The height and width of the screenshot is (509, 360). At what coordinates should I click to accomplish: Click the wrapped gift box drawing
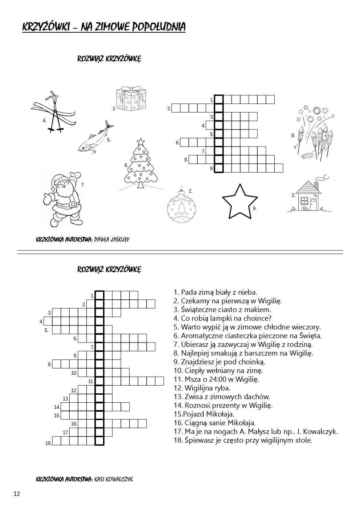click(131, 99)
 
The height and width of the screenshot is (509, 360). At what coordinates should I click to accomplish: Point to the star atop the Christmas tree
click(140, 140)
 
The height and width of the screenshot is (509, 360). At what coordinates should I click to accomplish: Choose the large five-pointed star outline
click(239, 201)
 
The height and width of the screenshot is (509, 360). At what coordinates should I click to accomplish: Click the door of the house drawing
click(313, 204)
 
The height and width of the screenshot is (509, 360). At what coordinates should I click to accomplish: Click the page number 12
click(17, 494)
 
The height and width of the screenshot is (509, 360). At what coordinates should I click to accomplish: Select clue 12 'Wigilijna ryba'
click(202, 388)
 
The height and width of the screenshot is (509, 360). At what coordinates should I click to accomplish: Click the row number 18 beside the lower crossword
click(48, 443)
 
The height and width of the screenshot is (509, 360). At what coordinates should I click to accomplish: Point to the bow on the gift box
click(131, 89)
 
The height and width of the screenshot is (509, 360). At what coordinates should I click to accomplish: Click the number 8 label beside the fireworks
click(293, 135)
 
